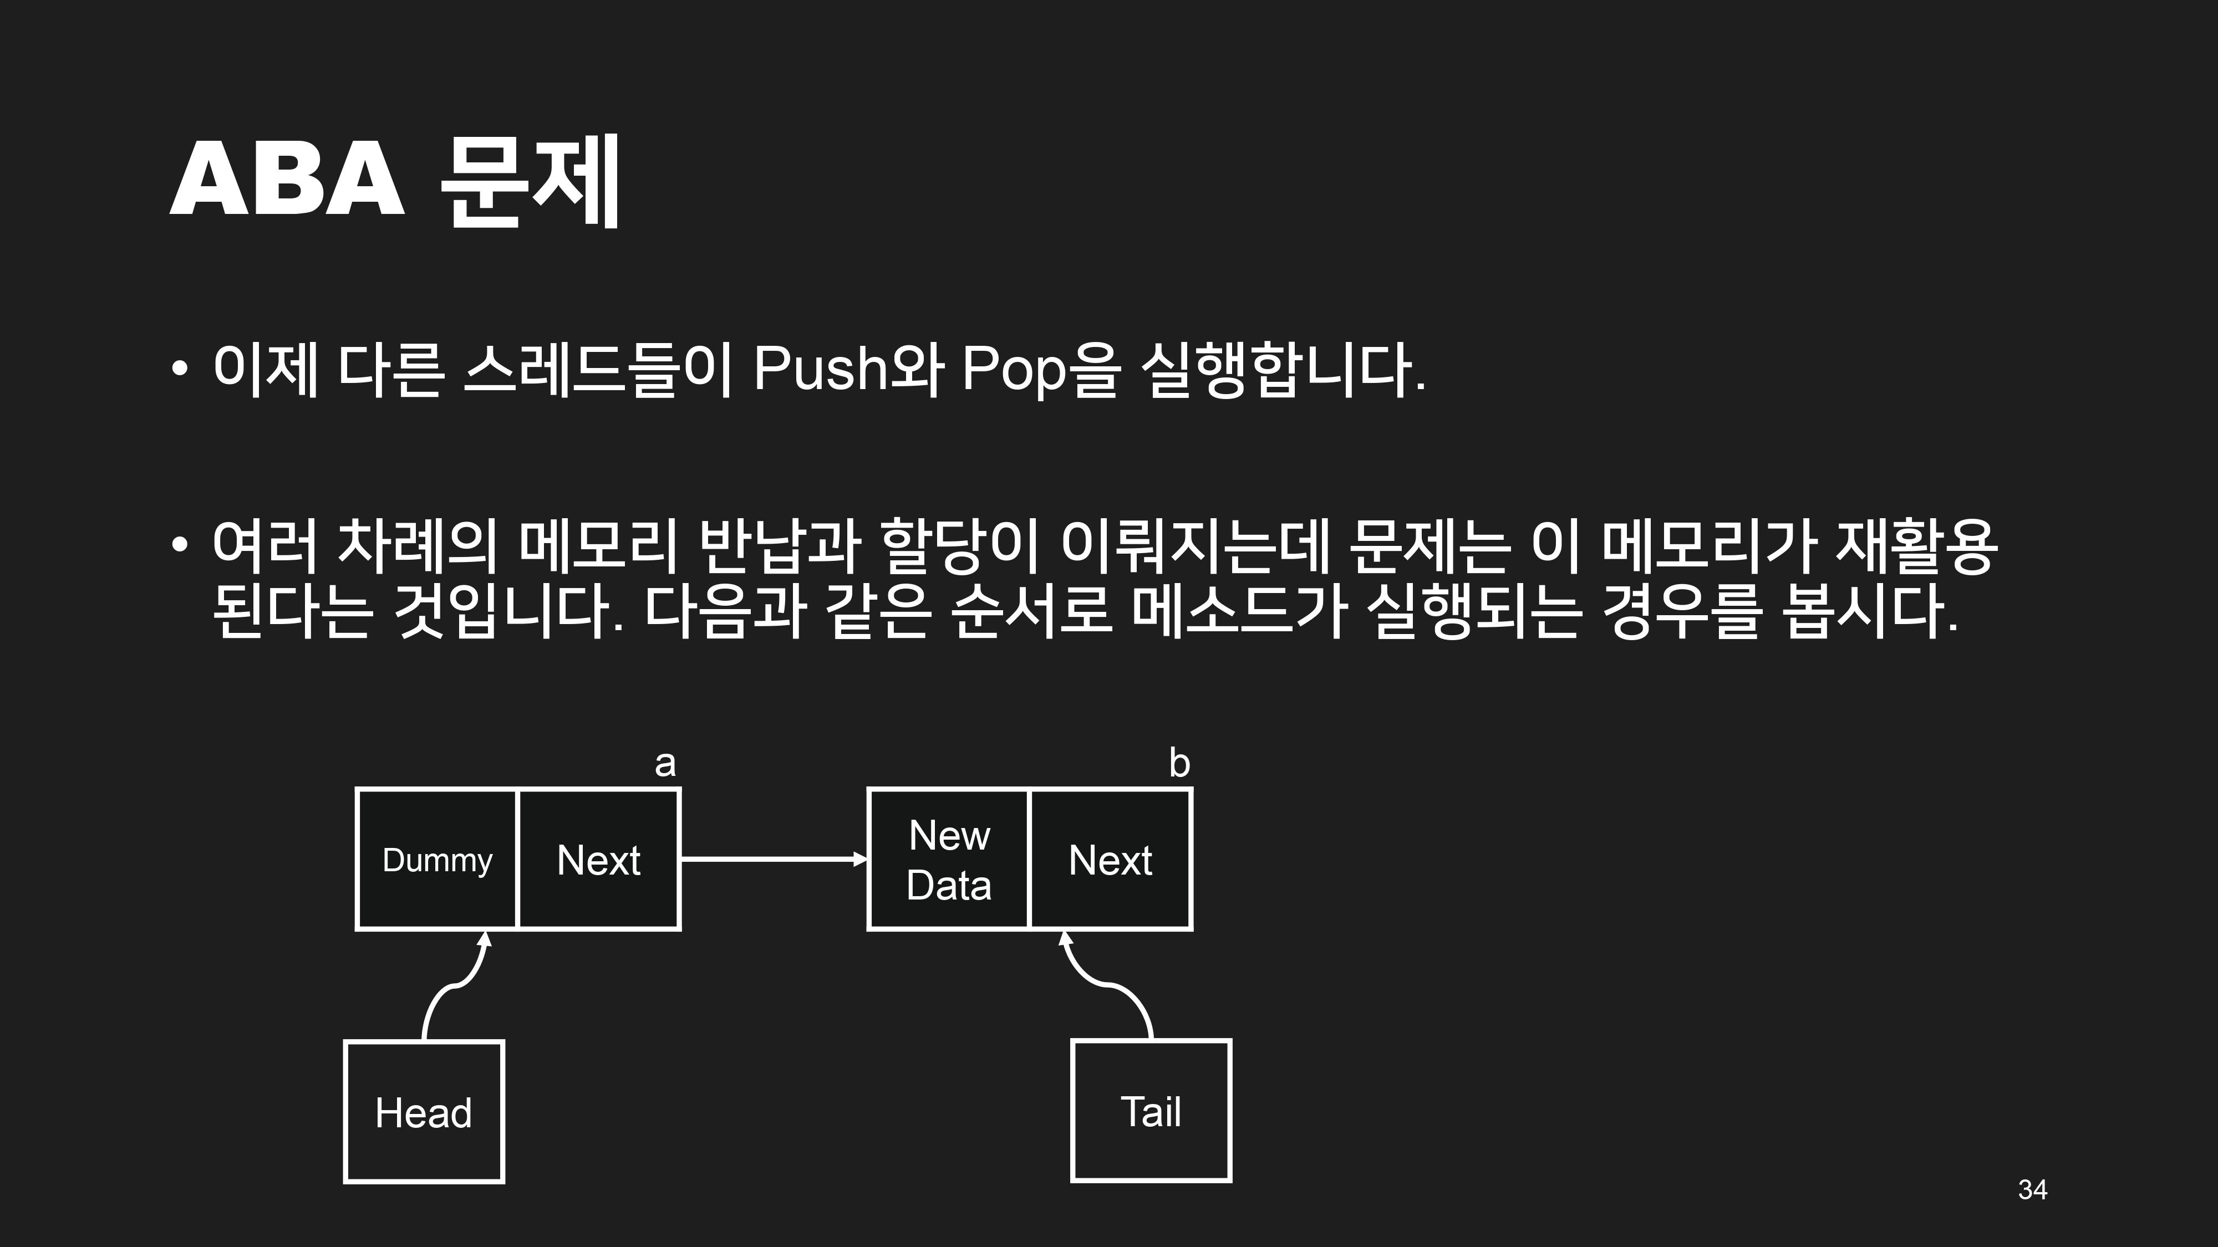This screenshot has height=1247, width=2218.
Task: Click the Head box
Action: point(424,1111)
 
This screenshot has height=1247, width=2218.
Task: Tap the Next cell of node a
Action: point(598,859)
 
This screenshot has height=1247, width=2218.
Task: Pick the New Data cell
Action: point(948,859)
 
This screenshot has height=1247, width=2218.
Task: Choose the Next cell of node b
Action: point(1110,859)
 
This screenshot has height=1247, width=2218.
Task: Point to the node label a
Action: point(665,763)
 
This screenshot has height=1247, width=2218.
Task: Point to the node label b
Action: point(1179,763)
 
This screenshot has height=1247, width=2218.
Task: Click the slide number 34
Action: point(2032,1189)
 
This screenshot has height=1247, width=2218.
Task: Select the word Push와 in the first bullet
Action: point(849,369)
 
